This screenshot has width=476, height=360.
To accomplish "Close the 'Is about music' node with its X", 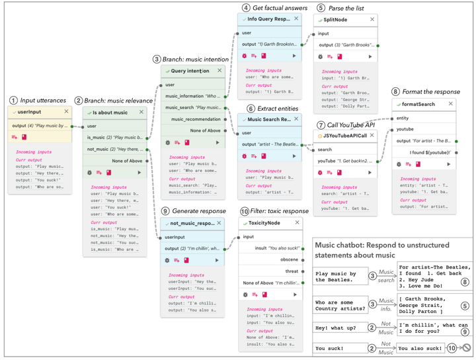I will coord(141,112).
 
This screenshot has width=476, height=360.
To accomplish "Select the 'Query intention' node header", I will coord(189,71).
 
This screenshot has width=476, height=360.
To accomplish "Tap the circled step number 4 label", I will coord(246,7).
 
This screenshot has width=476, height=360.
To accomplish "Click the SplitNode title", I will coord(337,20).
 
